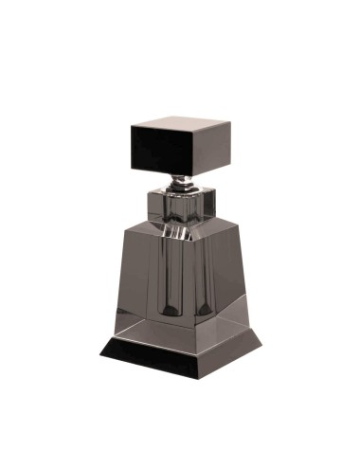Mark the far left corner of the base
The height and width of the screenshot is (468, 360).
click(99, 348)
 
